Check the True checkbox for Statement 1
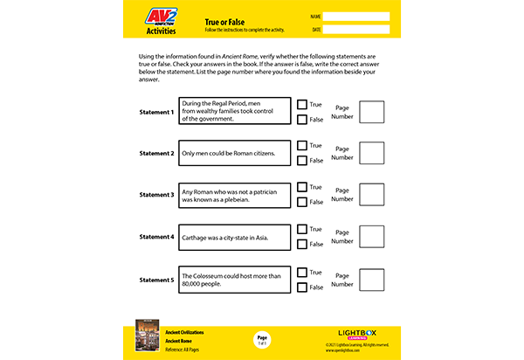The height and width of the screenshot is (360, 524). tap(302, 104)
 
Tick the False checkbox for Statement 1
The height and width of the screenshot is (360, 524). tap(302, 119)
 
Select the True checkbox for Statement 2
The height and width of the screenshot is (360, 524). tap(302, 145)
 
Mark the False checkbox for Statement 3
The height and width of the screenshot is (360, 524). tap(302, 202)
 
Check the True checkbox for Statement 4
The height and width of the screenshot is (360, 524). tap(302, 230)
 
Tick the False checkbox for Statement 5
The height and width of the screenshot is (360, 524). tap(302, 287)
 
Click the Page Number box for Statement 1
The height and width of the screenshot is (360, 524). tap(371, 112)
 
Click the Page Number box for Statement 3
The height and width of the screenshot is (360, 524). tap(371, 195)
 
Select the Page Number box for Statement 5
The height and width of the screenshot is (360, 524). tap(371, 280)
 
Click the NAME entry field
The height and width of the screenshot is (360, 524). tap(356, 16)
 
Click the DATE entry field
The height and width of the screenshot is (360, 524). tap(356, 30)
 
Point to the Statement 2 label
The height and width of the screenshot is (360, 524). tap(157, 154)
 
